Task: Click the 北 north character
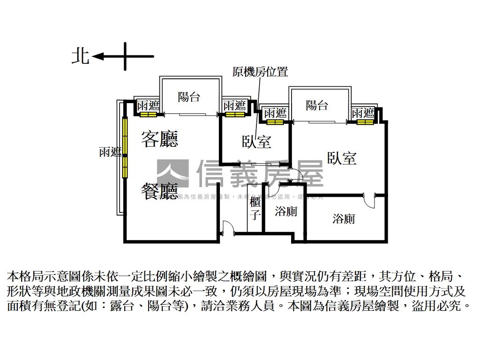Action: coord(80,56)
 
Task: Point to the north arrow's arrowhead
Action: coord(97,57)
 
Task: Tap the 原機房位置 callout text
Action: coord(260,72)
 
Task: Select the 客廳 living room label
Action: coord(160,139)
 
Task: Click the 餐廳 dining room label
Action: coord(160,191)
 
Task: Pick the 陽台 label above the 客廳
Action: coord(189,97)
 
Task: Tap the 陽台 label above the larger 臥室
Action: coord(317,105)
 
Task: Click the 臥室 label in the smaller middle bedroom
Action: coord(256,142)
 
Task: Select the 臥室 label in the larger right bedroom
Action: coord(342,158)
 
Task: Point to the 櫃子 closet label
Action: coord(255,209)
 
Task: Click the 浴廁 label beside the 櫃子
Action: coord(286,212)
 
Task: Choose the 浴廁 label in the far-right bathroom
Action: coord(344,218)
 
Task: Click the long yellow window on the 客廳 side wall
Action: coord(125,147)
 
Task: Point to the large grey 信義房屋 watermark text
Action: coord(260,173)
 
